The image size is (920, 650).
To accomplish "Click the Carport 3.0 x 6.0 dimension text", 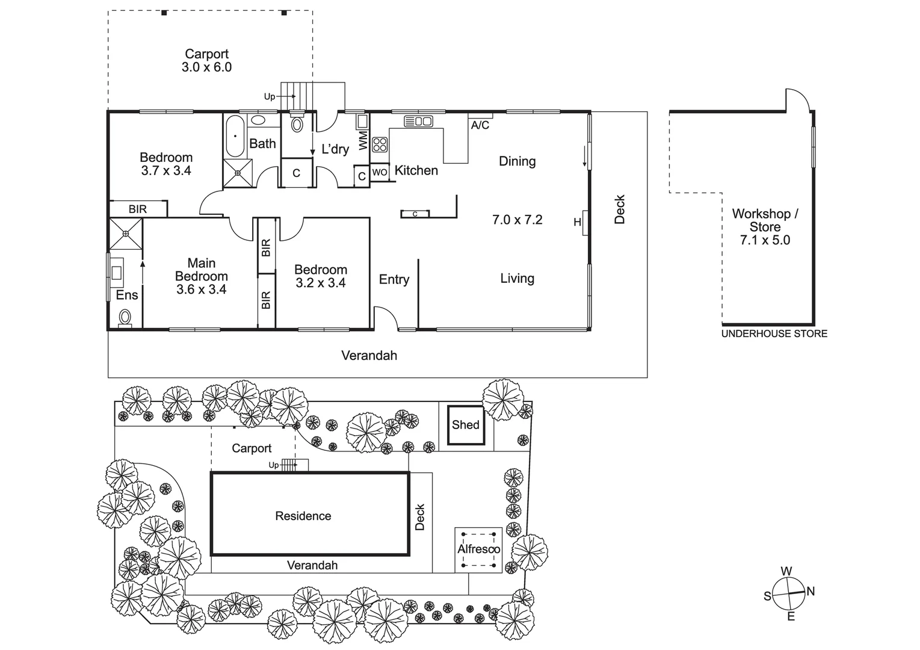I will (x=206, y=67).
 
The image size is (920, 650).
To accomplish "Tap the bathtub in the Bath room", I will (x=235, y=136).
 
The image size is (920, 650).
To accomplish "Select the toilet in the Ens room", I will (x=125, y=317).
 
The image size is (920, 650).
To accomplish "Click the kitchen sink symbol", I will (x=418, y=121).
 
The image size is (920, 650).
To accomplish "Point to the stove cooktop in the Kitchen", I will (x=380, y=144).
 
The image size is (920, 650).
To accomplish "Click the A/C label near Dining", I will (x=480, y=125).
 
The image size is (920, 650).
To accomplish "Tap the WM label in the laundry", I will (x=363, y=141).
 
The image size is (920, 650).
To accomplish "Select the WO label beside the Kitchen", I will (x=380, y=172).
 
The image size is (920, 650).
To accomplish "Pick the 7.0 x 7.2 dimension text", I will (x=517, y=220).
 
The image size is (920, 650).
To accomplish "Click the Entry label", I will (x=394, y=279).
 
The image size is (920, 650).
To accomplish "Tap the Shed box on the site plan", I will (x=466, y=425).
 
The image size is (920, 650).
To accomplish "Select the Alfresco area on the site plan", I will (x=478, y=549).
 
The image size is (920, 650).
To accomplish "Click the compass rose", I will (x=788, y=593).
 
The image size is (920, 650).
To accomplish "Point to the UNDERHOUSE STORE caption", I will (x=774, y=333).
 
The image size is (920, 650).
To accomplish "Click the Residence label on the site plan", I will (x=303, y=516).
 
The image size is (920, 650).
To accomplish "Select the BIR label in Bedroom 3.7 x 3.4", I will (x=138, y=209).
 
